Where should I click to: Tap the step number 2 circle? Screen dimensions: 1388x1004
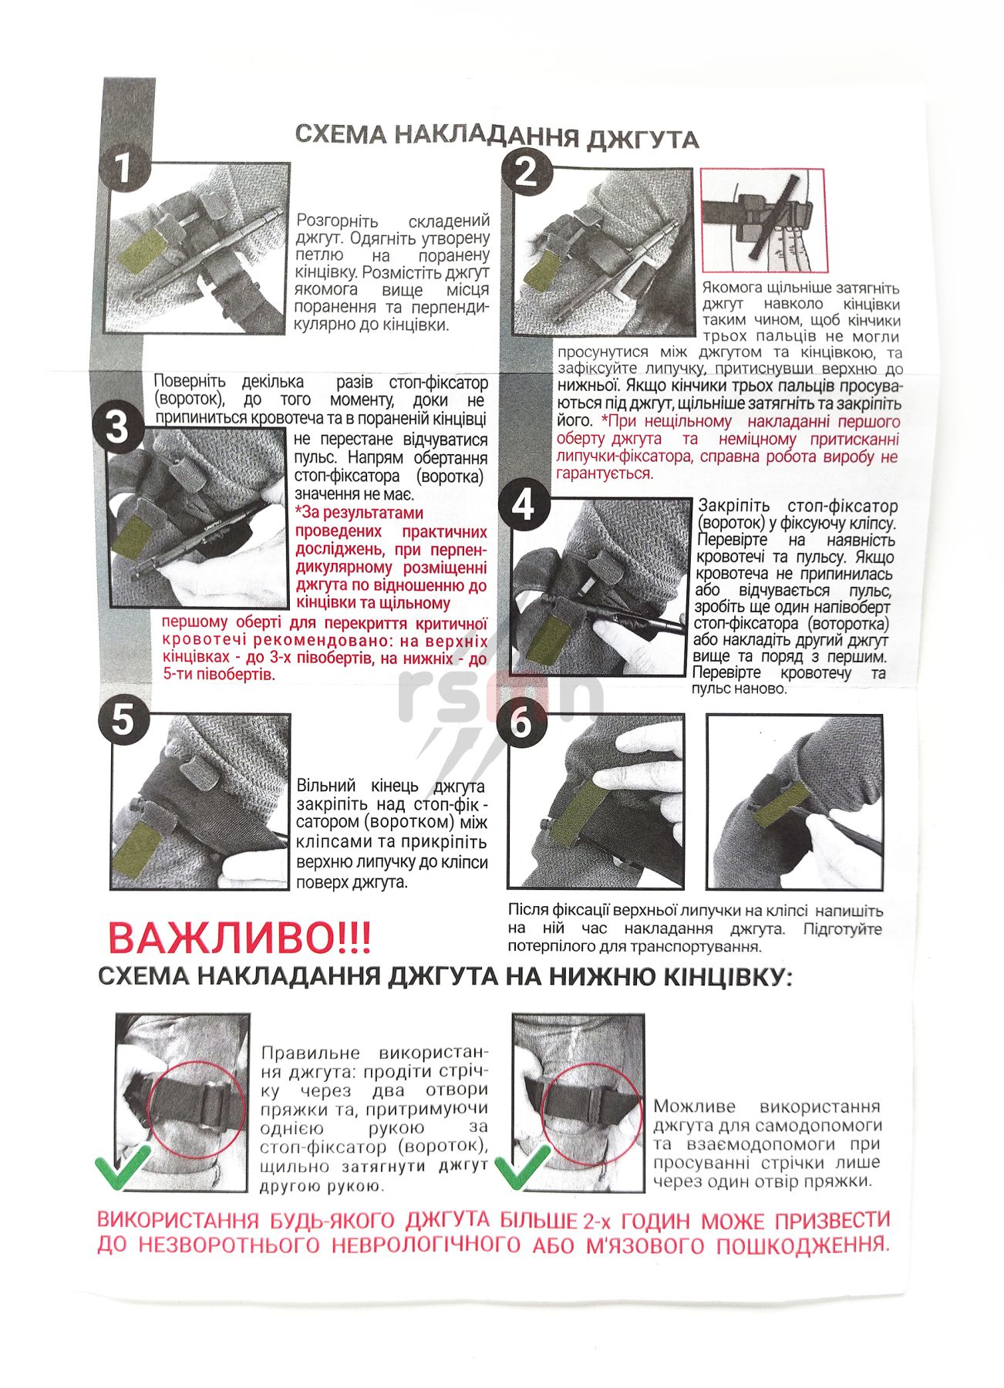point(526,171)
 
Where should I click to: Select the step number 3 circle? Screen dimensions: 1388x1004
point(117,425)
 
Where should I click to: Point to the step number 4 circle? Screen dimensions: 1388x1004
point(524,507)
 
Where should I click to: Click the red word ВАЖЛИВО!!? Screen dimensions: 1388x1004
point(240,938)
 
